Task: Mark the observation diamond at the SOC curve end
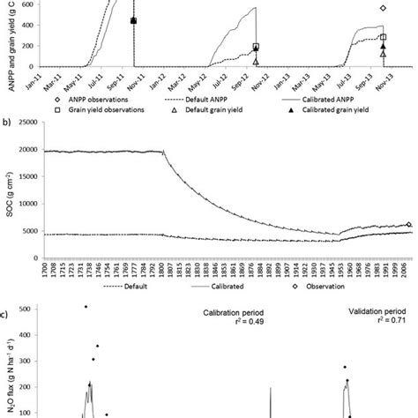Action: (408, 225)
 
